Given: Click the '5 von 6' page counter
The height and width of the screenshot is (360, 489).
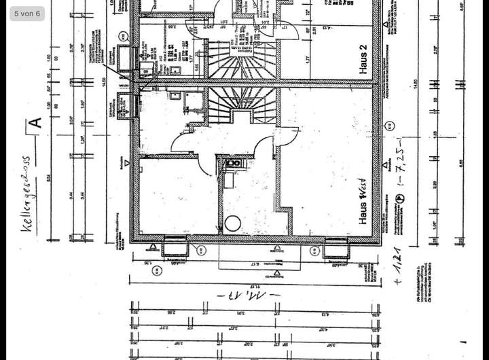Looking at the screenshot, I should [27, 14].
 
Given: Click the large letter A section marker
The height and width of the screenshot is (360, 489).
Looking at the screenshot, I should [36, 122].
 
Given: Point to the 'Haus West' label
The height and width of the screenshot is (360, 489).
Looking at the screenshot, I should [364, 203].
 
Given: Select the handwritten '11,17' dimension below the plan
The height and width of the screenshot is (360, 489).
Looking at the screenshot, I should [244, 296].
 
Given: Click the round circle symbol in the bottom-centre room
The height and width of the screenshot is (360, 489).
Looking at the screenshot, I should [234, 223].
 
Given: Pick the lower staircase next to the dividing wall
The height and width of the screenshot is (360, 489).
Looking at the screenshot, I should [234, 106].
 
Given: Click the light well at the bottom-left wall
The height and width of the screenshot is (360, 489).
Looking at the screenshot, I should [175, 248].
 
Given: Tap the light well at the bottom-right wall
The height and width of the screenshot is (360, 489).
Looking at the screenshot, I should [336, 249].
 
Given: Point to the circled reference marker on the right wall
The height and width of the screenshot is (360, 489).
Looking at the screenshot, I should [389, 125].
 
